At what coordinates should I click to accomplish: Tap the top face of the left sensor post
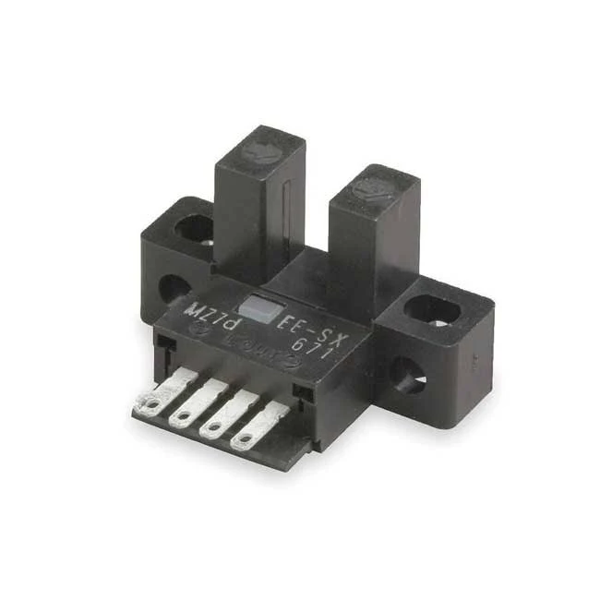260,150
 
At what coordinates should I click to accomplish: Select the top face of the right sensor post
374,189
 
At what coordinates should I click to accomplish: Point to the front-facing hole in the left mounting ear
172,288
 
